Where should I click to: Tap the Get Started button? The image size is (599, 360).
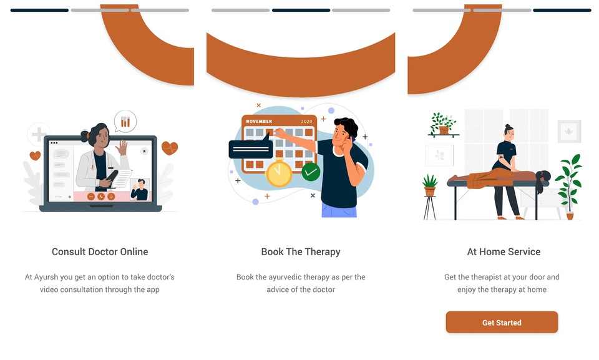point(502,322)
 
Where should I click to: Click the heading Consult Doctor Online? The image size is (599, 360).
point(100,251)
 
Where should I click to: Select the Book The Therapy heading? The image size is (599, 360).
point(301,252)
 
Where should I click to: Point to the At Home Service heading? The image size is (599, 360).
point(504,251)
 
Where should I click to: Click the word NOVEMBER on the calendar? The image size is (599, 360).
point(259,121)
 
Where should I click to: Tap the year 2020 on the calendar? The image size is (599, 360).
point(306,122)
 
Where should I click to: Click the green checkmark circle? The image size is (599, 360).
point(311,172)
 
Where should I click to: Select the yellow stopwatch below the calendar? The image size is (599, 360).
point(279,173)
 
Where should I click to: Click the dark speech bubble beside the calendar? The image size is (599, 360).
point(251,147)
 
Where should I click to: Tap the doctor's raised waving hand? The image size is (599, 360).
point(122,147)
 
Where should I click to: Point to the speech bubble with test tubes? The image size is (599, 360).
point(125,121)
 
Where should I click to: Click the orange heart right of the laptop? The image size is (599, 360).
point(170,148)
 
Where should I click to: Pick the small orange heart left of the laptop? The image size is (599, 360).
point(35,155)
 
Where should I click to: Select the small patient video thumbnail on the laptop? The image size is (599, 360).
point(140,189)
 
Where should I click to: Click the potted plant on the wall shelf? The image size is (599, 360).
point(443,124)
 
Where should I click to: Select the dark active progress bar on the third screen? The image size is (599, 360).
point(562,11)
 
